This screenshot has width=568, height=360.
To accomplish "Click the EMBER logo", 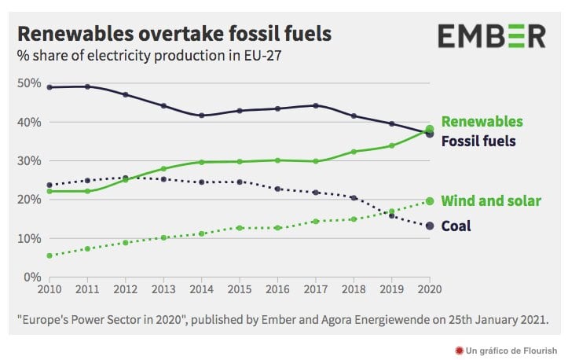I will (x=491, y=36).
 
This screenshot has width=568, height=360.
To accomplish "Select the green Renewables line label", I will (x=482, y=122).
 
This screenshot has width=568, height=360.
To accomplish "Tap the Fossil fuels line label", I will (x=478, y=141).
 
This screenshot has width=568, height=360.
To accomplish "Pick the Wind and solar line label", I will (x=491, y=201).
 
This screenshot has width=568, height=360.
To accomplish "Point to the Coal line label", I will (x=456, y=226).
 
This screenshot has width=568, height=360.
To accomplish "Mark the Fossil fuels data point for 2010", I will (x=49, y=87).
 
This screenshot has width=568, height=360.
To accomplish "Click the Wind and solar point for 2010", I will (x=49, y=255).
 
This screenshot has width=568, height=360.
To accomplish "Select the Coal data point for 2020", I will (x=429, y=226).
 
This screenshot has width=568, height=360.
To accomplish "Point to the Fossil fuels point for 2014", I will (x=201, y=116).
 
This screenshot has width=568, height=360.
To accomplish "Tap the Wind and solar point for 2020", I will (x=429, y=201).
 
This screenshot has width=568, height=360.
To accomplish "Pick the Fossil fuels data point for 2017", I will (x=316, y=105).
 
